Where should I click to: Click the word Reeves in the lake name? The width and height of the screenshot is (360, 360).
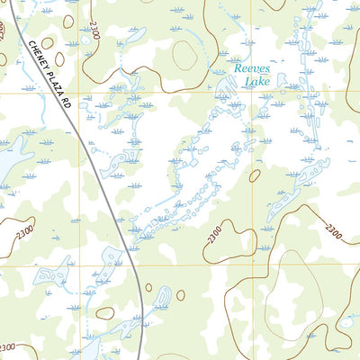click(x=251, y=68)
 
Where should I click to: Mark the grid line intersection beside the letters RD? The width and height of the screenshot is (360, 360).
click(x=78, y=92)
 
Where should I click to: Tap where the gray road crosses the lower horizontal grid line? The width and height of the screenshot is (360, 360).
click(x=135, y=265)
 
